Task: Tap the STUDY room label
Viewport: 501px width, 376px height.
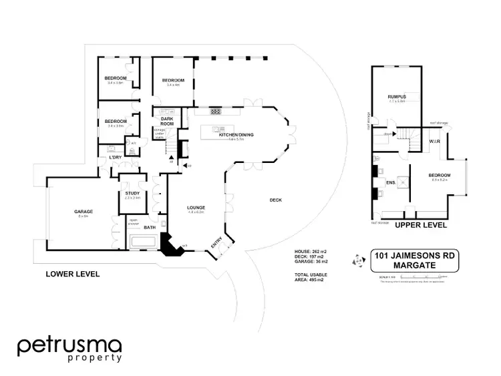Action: (132, 194)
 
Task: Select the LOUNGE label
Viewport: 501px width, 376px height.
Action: (196, 208)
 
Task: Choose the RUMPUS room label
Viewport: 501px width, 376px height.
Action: (397, 98)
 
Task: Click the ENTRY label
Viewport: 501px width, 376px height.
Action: (216, 247)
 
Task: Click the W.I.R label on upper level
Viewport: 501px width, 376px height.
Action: (435, 141)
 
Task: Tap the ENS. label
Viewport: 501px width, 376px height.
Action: (391, 182)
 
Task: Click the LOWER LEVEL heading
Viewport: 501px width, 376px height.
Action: (72, 274)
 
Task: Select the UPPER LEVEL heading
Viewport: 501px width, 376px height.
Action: (420, 225)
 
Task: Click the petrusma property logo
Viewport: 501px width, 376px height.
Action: (69, 349)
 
